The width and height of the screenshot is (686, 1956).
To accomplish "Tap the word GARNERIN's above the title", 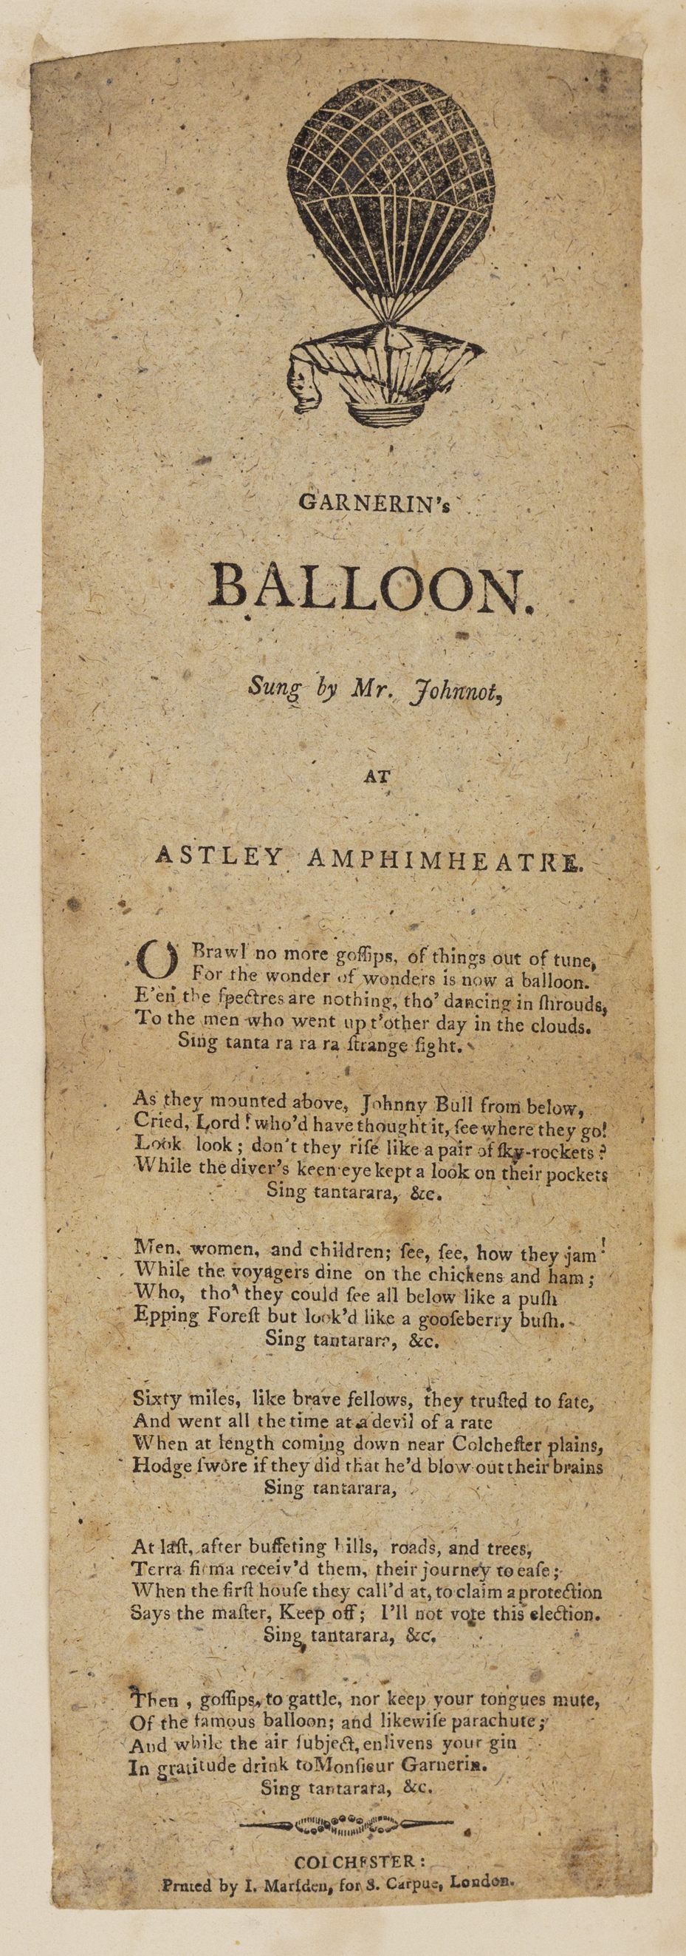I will click(x=375, y=503).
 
